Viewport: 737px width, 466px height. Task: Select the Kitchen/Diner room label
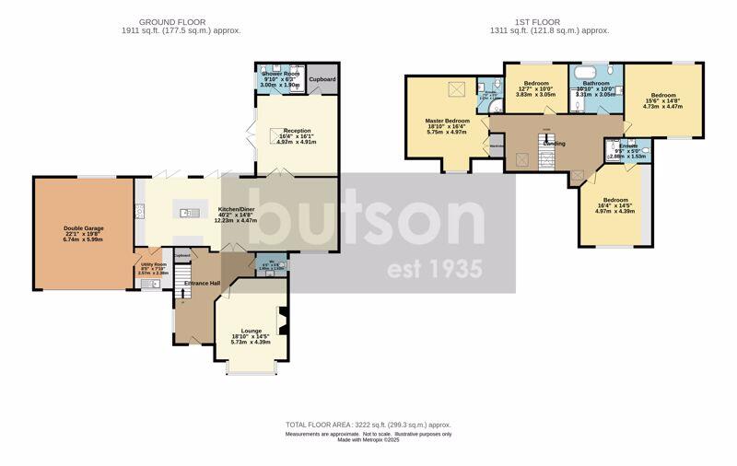[236, 210]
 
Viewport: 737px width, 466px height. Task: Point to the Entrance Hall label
[202, 283]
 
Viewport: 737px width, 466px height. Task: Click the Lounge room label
[252, 331]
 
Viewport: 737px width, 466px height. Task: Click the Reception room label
[297, 131]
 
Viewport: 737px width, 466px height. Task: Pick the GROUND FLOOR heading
[172, 21]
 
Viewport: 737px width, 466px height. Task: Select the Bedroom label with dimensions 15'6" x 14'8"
[663, 95]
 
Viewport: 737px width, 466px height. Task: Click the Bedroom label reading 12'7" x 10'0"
[536, 83]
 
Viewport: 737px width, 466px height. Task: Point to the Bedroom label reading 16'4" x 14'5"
[615, 200]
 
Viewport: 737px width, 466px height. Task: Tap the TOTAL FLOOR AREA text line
[368, 425]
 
